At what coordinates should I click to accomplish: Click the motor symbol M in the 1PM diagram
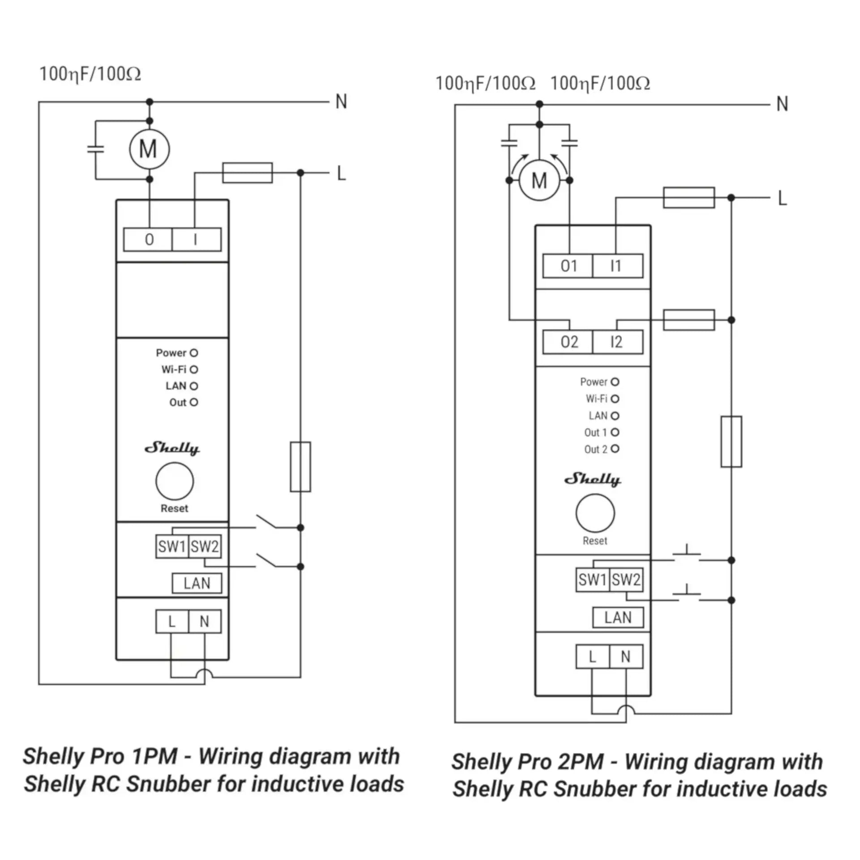pyautogui.click(x=149, y=149)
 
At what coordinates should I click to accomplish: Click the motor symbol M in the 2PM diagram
pyautogui.click(x=539, y=181)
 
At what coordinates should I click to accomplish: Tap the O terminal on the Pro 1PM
pyautogui.click(x=148, y=240)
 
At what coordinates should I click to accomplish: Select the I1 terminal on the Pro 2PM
pyautogui.click(x=617, y=266)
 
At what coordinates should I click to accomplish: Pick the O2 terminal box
pyautogui.click(x=568, y=342)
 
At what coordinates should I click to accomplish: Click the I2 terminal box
pyautogui.click(x=617, y=342)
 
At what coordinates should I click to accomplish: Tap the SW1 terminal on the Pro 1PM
pyautogui.click(x=172, y=546)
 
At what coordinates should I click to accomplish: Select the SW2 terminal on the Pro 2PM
pyautogui.click(x=626, y=580)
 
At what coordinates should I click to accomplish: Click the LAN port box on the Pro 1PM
pyautogui.click(x=197, y=583)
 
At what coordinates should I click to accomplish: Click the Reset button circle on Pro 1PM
pyautogui.click(x=175, y=482)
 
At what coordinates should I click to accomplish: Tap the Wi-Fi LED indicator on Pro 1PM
pyautogui.click(x=193, y=370)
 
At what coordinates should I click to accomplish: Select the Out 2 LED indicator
pyautogui.click(x=615, y=449)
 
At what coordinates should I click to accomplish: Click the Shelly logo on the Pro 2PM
pyautogui.click(x=592, y=479)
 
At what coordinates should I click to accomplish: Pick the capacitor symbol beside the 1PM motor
pyautogui.click(x=95, y=149)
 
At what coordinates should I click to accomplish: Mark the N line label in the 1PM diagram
pyautogui.click(x=341, y=102)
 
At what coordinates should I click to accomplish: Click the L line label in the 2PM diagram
pyautogui.click(x=782, y=198)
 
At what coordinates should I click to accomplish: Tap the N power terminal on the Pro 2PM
pyautogui.click(x=626, y=657)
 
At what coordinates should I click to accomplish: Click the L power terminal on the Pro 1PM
pyautogui.click(x=172, y=622)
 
